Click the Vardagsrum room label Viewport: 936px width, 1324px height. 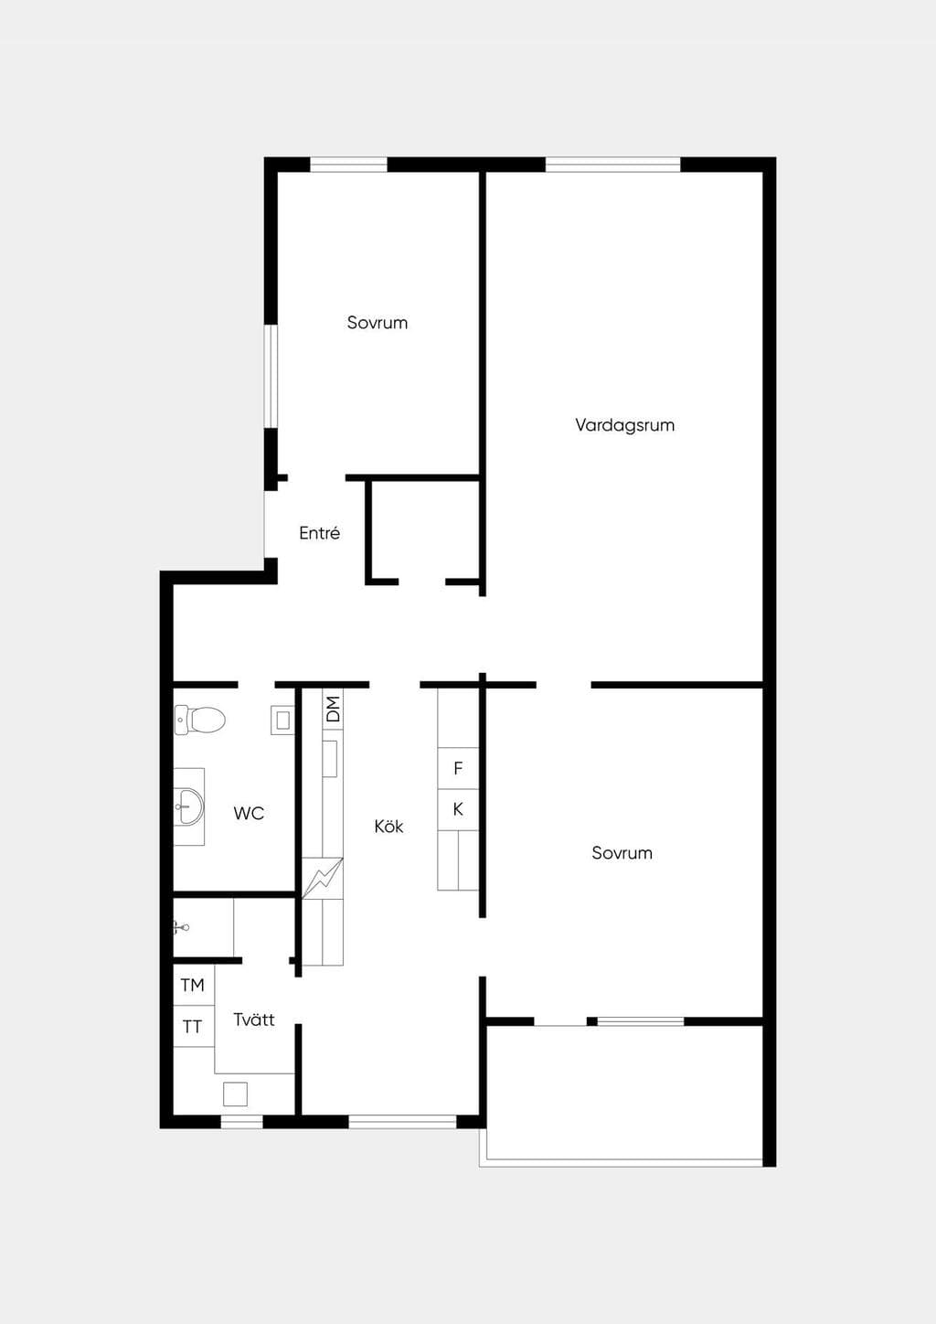click(x=624, y=425)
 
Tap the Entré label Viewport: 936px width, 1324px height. click(x=320, y=533)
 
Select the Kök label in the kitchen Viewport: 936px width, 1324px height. click(x=388, y=826)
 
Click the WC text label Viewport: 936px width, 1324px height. click(x=249, y=813)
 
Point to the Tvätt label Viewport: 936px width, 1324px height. click(x=254, y=1020)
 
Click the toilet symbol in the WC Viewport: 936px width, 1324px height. click(x=200, y=720)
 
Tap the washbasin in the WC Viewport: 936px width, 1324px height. click(x=189, y=806)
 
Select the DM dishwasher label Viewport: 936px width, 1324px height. click(x=334, y=709)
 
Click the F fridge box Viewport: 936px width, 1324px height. click(x=458, y=768)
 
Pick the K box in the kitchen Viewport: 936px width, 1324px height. click(x=458, y=810)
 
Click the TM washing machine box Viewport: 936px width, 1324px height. click(x=193, y=986)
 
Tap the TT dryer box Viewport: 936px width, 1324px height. click(x=193, y=1027)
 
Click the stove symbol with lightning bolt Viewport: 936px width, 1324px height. click(x=323, y=879)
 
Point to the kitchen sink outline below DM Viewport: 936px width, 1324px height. click(x=330, y=758)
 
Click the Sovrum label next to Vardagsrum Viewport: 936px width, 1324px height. click(x=377, y=323)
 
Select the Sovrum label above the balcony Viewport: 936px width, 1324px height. click(x=622, y=853)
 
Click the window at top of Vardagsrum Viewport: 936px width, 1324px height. click(x=612, y=165)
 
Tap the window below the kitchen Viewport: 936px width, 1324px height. click(x=402, y=1121)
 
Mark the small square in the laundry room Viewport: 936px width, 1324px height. click(x=235, y=1094)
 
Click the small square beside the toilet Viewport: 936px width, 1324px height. click(x=282, y=721)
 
